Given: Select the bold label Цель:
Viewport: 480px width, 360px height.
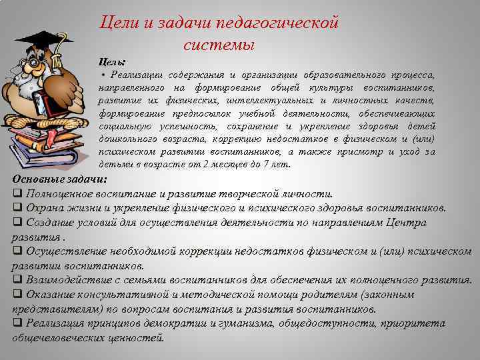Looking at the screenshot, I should (112, 61).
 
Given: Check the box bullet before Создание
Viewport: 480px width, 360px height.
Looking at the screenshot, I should (18, 222).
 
